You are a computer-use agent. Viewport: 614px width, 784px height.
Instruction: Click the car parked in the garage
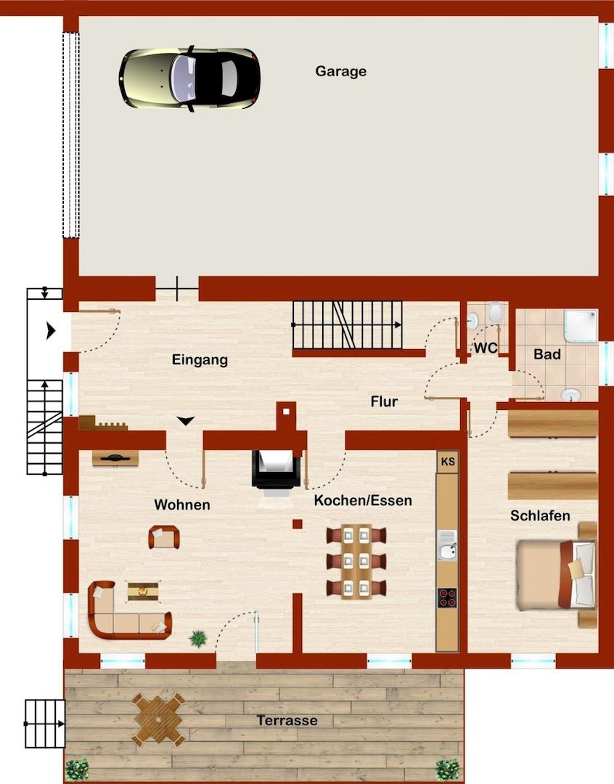189,78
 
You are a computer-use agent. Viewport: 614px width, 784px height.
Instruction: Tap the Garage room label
340,71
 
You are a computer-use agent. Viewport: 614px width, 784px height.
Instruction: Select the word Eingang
200,360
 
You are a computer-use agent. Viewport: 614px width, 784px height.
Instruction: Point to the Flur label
384,401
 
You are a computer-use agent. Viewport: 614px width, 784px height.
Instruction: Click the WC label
485,348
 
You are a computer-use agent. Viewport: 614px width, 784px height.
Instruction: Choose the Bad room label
547,354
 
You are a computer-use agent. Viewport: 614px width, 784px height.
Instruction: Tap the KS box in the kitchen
448,462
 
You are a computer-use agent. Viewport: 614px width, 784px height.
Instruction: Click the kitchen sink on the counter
448,545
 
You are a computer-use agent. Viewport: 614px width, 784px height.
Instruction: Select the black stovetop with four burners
447,597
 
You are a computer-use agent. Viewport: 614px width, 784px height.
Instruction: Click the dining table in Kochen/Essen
356,561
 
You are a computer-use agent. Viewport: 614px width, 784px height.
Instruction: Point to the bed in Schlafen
556,575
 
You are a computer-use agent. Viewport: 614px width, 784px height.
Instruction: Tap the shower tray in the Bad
581,325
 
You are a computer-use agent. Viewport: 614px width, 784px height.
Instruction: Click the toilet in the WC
496,313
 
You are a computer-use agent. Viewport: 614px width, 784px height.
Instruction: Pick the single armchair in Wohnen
164,537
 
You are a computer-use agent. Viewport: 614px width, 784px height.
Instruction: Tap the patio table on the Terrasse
158,719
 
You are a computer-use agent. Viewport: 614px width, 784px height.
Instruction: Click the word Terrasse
287,721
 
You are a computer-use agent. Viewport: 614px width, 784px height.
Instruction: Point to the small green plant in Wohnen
199,639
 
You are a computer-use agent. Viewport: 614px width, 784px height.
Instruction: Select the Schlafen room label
540,515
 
